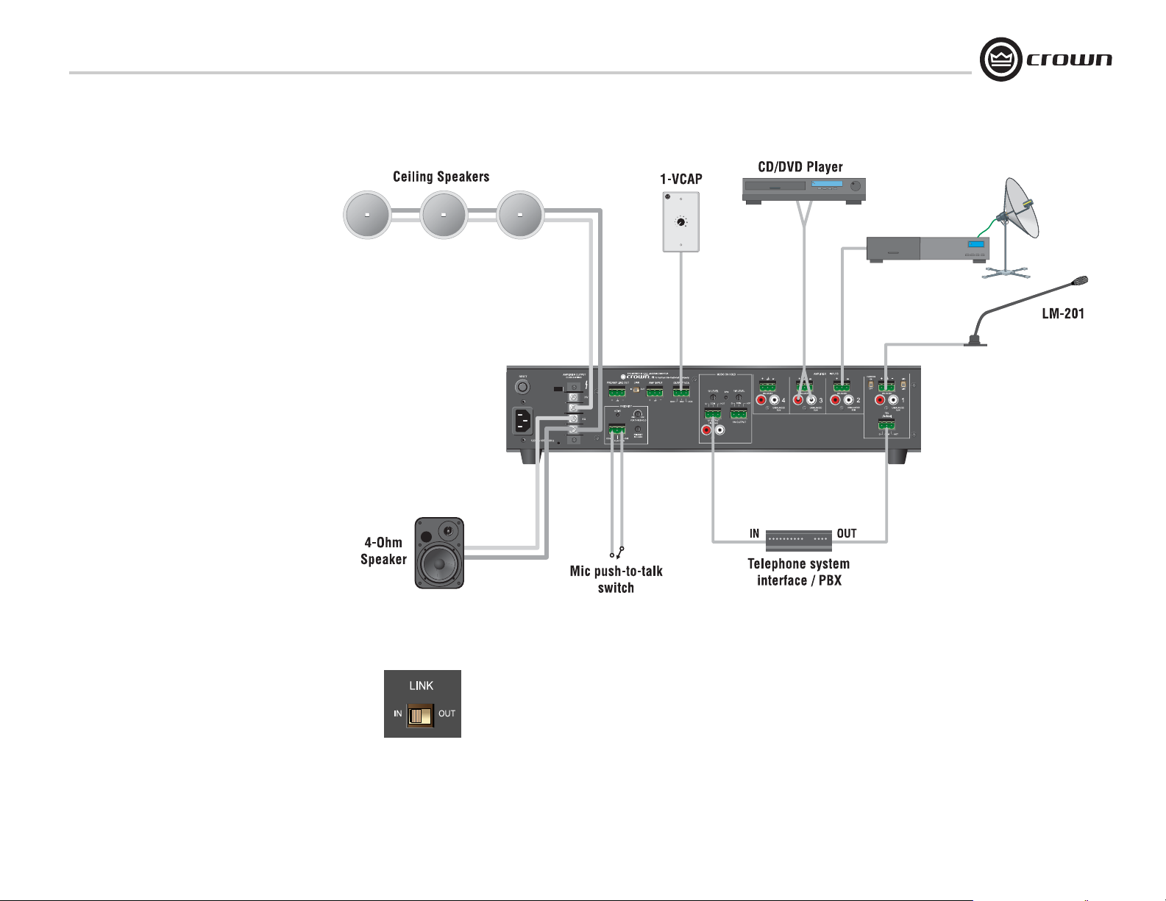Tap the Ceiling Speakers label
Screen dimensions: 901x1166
click(x=441, y=177)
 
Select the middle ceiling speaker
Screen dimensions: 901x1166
click(x=444, y=216)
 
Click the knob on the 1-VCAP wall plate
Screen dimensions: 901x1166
click(x=681, y=221)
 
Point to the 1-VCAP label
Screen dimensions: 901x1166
click(x=680, y=179)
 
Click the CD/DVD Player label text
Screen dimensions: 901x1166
click(x=800, y=167)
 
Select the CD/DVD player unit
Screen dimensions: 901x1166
click(x=803, y=189)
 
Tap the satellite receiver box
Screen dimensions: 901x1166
click(x=928, y=249)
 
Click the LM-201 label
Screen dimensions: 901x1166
click(x=1063, y=314)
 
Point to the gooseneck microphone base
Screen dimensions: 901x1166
click(x=975, y=341)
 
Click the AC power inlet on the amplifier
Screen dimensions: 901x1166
click(x=522, y=421)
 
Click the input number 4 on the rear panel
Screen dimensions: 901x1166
click(x=783, y=401)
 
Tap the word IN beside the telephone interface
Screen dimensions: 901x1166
click(x=754, y=533)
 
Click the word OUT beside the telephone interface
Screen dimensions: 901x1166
click(x=846, y=533)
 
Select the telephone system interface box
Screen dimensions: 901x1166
click(x=799, y=541)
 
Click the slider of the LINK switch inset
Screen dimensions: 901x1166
click(x=420, y=716)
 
